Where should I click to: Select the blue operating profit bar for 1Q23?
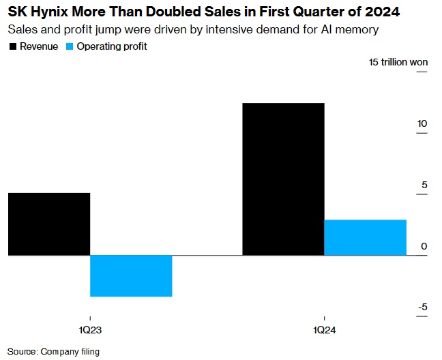tap(131, 275)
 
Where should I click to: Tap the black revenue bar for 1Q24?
tap(284, 179)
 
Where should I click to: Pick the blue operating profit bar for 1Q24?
tap(366, 237)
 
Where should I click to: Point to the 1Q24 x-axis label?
tap(325, 330)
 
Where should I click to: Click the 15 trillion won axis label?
tap(398, 62)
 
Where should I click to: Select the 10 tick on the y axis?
tap(422, 123)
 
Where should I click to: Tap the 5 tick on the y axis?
tap(424, 185)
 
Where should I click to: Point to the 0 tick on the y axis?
tap(424, 246)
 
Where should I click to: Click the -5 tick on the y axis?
tap(422, 307)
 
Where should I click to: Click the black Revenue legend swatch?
tap(13, 46)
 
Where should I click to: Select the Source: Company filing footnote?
tap(55, 352)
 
